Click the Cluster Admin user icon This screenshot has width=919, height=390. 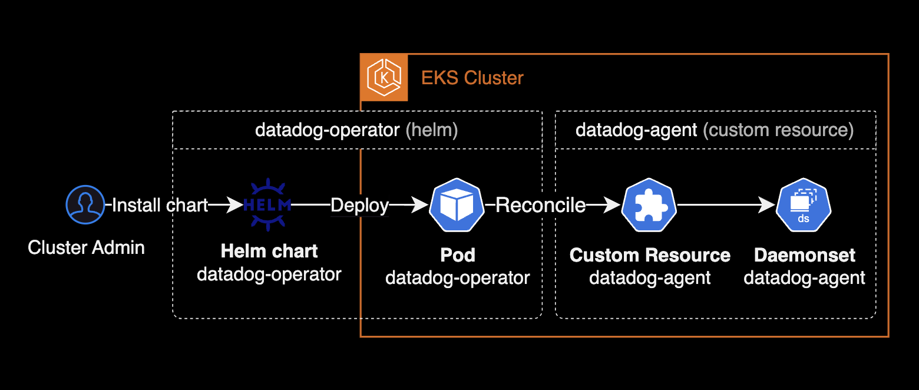pos(85,205)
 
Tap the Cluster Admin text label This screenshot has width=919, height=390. pos(86,247)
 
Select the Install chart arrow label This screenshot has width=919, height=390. pos(160,205)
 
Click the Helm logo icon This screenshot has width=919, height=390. pos(267,205)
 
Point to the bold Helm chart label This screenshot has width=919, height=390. pos(269,251)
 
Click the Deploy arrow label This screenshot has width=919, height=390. pos(359,205)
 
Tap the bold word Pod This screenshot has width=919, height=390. pos(458,255)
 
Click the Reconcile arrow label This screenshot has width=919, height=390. pos(540,205)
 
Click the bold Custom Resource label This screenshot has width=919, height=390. pos(650,255)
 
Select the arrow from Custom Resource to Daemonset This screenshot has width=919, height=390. pos(726,205)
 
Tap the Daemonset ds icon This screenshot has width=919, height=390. pos(804,206)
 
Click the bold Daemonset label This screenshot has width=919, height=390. pos(805,255)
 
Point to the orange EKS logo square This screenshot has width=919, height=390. pos(384,78)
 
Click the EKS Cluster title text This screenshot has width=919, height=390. pos(472,78)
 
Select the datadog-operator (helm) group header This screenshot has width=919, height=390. pos(356,130)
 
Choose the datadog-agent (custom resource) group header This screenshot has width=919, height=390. pos(715,130)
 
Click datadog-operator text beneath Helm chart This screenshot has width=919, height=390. pos(269,274)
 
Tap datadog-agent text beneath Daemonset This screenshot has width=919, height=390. pos(805,277)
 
